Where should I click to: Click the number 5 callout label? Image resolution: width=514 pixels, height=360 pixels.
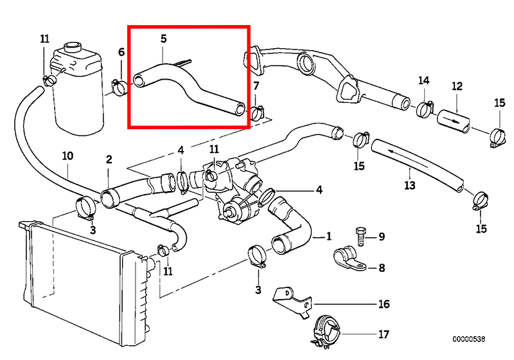pyautogui.click(x=163, y=39)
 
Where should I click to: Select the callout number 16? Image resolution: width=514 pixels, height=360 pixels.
pyautogui.click(x=384, y=304)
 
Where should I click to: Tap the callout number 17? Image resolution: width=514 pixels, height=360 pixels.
pyautogui.click(x=384, y=334)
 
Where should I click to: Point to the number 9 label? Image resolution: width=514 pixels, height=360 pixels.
pyautogui.click(x=382, y=237)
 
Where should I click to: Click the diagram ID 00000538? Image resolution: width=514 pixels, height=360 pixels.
pyautogui.click(x=469, y=339)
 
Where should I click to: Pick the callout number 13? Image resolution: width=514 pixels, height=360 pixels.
pyautogui.click(x=410, y=186)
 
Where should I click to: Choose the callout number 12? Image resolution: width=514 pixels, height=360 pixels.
pyautogui.click(x=457, y=86)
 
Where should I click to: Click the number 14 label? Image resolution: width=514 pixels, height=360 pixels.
pyautogui.click(x=423, y=80)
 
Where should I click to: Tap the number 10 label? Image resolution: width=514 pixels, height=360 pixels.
pyautogui.click(x=67, y=156)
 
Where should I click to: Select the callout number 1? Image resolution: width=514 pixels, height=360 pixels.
pyautogui.click(x=328, y=237)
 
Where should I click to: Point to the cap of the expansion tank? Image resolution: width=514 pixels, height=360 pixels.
pyautogui.click(x=73, y=47)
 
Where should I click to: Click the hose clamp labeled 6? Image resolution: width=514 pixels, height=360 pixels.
pyautogui.click(x=119, y=87)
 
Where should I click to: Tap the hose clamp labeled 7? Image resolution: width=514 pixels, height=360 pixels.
pyautogui.click(x=258, y=113)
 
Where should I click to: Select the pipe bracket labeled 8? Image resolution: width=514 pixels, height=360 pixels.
pyautogui.click(x=350, y=260)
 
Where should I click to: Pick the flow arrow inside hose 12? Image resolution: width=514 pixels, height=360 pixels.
pyautogui.click(x=452, y=120)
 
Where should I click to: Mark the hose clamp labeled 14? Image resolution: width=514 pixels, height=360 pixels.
pyautogui.click(x=425, y=109)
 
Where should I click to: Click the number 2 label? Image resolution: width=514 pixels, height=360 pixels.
pyautogui.click(x=109, y=159)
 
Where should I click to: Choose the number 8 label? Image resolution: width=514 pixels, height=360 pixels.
pyautogui.click(x=382, y=268)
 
